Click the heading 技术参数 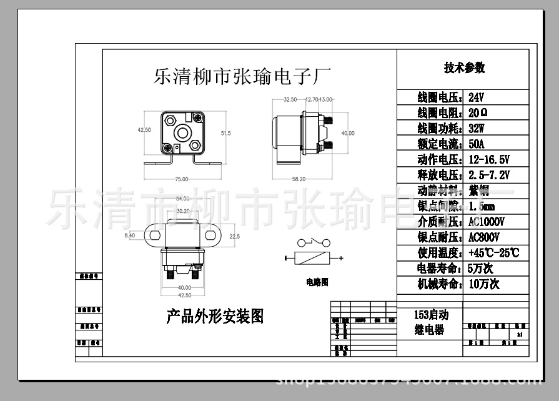[x=463, y=68]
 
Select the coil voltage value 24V [x=477, y=98]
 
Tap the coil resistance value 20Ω [x=478, y=113]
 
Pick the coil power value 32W [x=477, y=129]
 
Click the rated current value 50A [x=477, y=144]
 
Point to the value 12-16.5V [x=489, y=159]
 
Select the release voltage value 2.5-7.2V [x=489, y=175]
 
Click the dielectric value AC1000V [x=487, y=222]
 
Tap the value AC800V [x=483, y=237]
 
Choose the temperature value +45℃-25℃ [x=493, y=253]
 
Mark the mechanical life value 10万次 [x=484, y=284]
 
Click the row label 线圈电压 [x=440, y=98]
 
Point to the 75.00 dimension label [x=181, y=180]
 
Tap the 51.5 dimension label [x=225, y=133]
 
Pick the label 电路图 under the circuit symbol [x=317, y=282]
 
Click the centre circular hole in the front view [x=182, y=132]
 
